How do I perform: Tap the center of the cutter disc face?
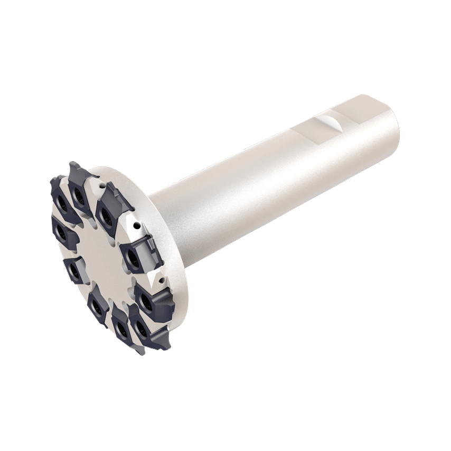coord(100,253)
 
